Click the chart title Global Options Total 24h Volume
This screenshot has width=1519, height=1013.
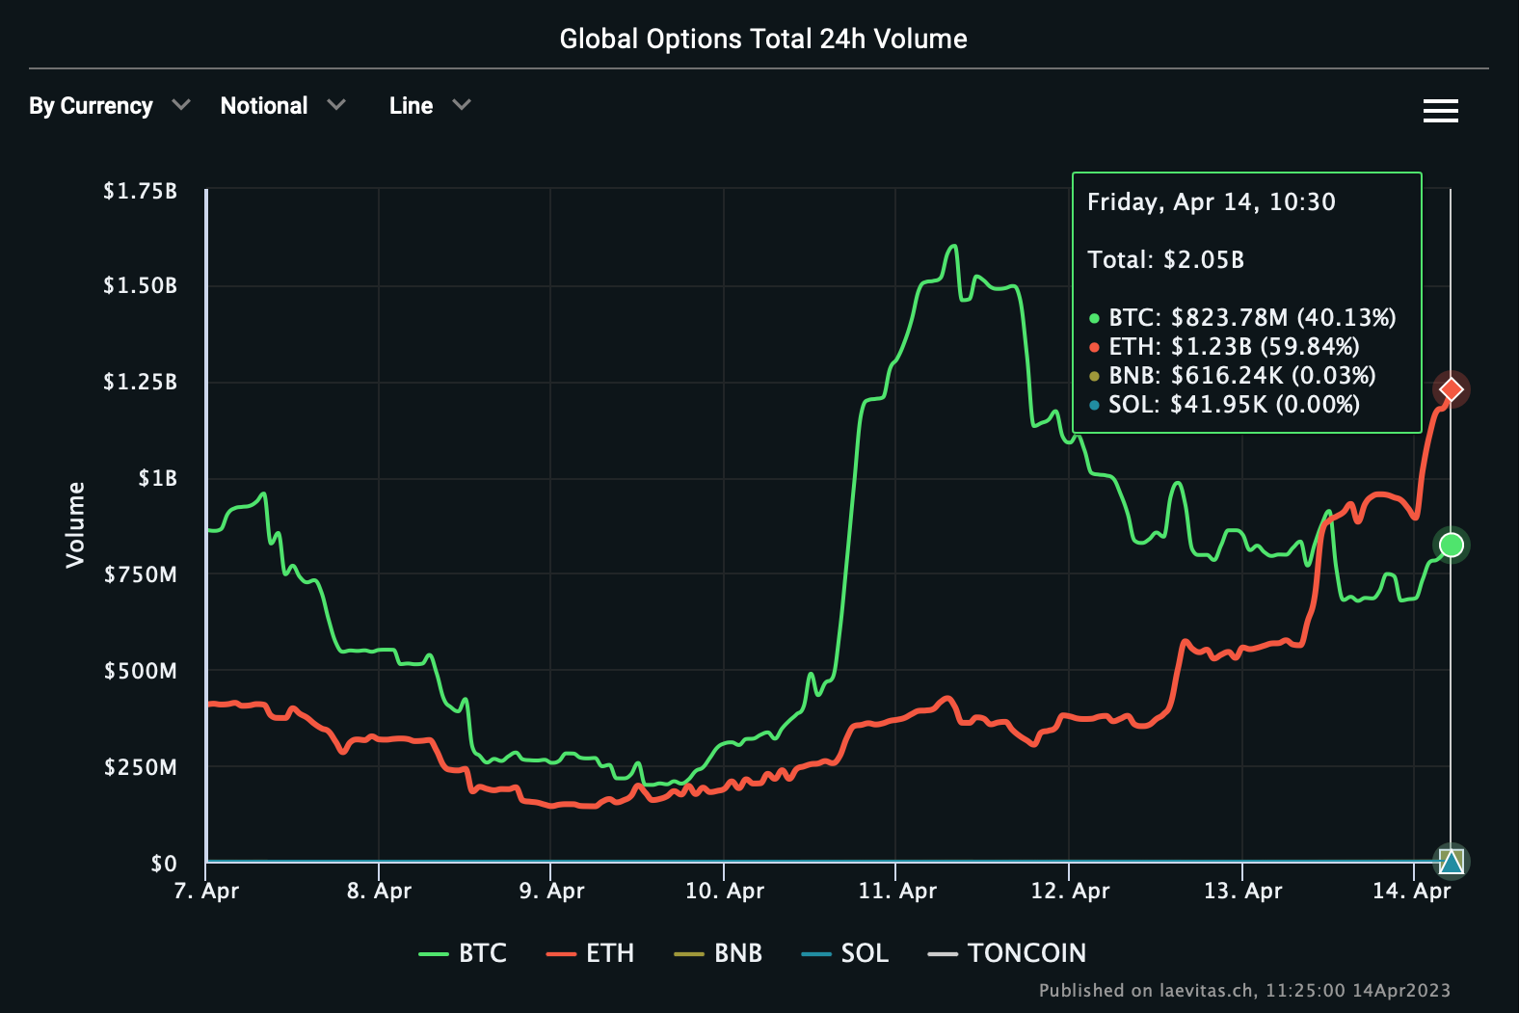[762, 39]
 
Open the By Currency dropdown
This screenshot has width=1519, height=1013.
[109, 106]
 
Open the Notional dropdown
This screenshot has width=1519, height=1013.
[281, 106]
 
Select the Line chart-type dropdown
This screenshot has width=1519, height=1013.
[429, 106]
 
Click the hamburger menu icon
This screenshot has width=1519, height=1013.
[1440, 111]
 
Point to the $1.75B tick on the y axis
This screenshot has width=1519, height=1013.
[141, 191]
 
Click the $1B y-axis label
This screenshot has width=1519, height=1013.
[157, 478]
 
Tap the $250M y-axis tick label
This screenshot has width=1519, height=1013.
[141, 767]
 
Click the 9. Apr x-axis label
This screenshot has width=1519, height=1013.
[551, 891]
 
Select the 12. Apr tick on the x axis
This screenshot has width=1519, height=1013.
[1070, 891]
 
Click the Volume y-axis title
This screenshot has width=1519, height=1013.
[75, 524]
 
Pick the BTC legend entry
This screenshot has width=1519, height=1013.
[463, 953]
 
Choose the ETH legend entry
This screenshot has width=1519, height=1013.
[590, 953]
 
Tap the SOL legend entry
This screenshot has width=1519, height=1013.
[844, 953]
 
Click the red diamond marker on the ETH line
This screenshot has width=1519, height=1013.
[1451, 389]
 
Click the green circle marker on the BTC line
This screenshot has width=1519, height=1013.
[1451, 546]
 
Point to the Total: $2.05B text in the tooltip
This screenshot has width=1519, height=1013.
[1165, 260]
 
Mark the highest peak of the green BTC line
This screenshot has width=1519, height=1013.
[953, 246]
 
